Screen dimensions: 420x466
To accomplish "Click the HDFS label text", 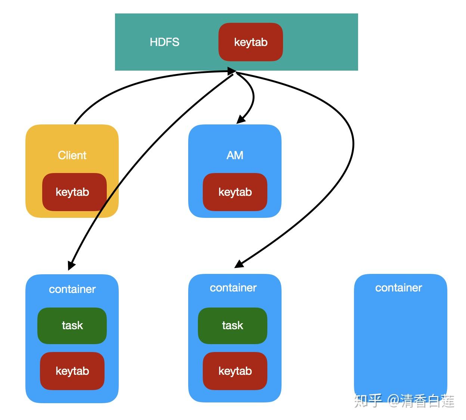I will click(164, 42).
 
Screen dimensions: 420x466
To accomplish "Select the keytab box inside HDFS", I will click(251, 42).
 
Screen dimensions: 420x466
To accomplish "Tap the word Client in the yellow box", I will click(72, 155).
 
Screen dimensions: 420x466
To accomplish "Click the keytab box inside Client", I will click(72, 192).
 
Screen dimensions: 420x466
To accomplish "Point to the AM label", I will click(235, 155).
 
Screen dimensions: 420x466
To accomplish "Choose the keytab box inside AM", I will click(235, 192).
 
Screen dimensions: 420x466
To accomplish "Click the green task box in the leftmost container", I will click(72, 325).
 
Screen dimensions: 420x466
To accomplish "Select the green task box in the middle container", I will click(232, 325).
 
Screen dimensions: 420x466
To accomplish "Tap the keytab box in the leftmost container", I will click(72, 371).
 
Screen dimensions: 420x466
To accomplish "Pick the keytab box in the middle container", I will click(235, 371).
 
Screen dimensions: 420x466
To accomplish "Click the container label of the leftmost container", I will click(72, 289).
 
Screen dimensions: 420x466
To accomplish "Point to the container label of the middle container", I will click(233, 288).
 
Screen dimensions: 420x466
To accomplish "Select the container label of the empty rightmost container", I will click(398, 288).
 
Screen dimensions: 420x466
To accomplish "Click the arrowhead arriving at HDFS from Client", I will click(232, 71).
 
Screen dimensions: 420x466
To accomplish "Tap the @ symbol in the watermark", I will click(394, 401).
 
